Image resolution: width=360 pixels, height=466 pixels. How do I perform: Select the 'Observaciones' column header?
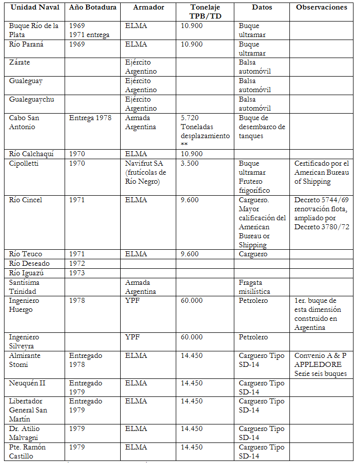click(x=321, y=8)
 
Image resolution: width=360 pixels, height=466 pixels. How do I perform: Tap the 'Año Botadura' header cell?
click(x=93, y=8)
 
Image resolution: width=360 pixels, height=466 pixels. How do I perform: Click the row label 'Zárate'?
click(x=20, y=63)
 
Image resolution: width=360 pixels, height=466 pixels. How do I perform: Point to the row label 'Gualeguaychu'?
click(x=32, y=99)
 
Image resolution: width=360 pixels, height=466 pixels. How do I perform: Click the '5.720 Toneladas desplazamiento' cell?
click(x=205, y=131)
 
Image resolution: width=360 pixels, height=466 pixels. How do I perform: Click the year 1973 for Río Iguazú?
click(x=77, y=273)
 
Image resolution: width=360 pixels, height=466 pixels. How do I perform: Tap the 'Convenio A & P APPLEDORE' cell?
click(x=321, y=364)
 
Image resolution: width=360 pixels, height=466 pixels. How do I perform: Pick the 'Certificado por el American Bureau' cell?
click(x=321, y=172)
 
